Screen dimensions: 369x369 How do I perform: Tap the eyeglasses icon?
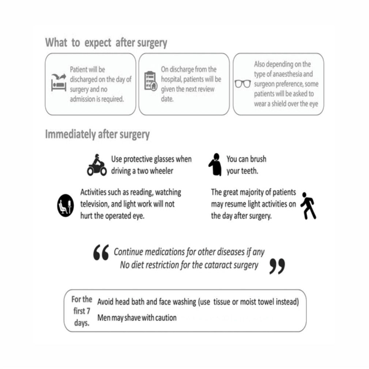pyautogui.click(x=242, y=84)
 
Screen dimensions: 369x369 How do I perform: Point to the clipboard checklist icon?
pyautogui.click(x=151, y=81)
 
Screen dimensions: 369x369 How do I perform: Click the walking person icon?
pyautogui.click(x=308, y=206)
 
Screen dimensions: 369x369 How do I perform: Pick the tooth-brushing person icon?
pyautogui.click(x=215, y=165)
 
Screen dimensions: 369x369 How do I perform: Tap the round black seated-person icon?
pyautogui.click(x=65, y=205)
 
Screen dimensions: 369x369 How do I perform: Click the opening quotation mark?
pyautogui.click(x=101, y=252)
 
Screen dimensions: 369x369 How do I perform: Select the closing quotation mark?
pyautogui.click(x=277, y=266)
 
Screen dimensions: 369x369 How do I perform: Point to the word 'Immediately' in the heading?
pyautogui.click(x=70, y=134)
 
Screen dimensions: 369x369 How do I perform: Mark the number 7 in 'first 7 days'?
pyautogui.click(x=88, y=311)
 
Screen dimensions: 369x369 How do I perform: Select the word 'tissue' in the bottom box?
pyautogui.click(x=222, y=302)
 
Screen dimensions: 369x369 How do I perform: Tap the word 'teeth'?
pyautogui.click(x=251, y=171)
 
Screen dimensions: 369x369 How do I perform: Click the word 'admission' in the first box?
pyautogui.click(x=82, y=99)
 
